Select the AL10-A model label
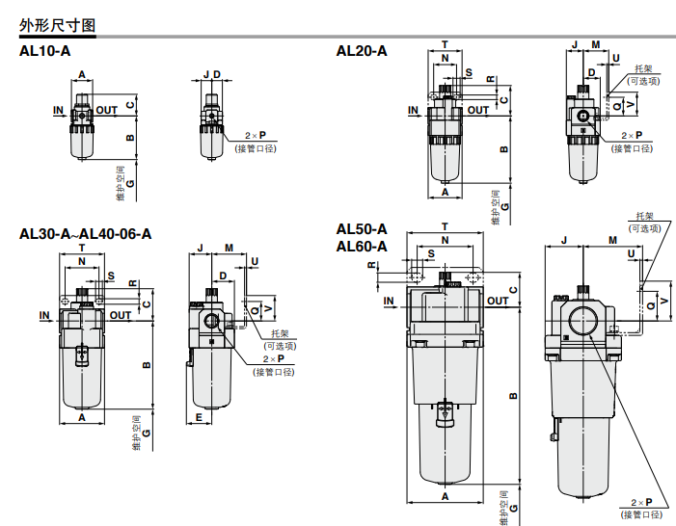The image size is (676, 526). tap(45, 51)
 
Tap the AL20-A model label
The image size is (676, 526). tap(362, 51)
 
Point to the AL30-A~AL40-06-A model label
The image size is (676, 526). tap(86, 233)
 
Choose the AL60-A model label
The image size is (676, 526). tap(362, 246)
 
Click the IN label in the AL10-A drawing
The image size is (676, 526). tap(59, 110)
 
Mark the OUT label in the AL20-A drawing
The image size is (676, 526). tap(478, 110)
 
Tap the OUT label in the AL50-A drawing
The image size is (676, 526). tap(498, 301)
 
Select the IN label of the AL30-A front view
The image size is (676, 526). tap(44, 315)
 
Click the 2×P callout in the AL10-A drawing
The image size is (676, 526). tap(256, 137)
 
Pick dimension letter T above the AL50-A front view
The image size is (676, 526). tap(445, 226)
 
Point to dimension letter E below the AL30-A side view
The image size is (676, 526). tap(198, 417)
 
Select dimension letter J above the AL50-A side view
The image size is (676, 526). tap(562, 238)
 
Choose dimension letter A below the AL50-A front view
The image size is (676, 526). tap(445, 495)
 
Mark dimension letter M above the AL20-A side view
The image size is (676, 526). tap(596, 44)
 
